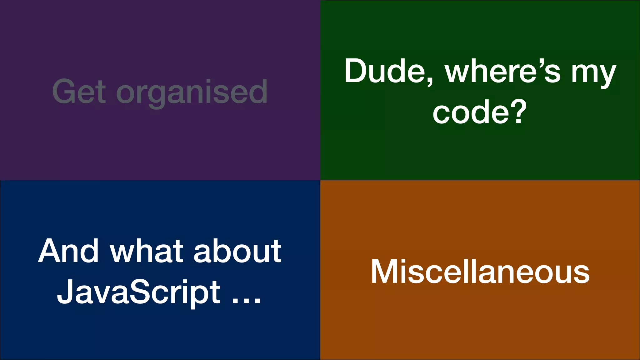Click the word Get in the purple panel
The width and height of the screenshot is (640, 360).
tap(79, 91)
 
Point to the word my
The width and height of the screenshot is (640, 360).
tap(594, 74)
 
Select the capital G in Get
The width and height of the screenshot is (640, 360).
tap(65, 91)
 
